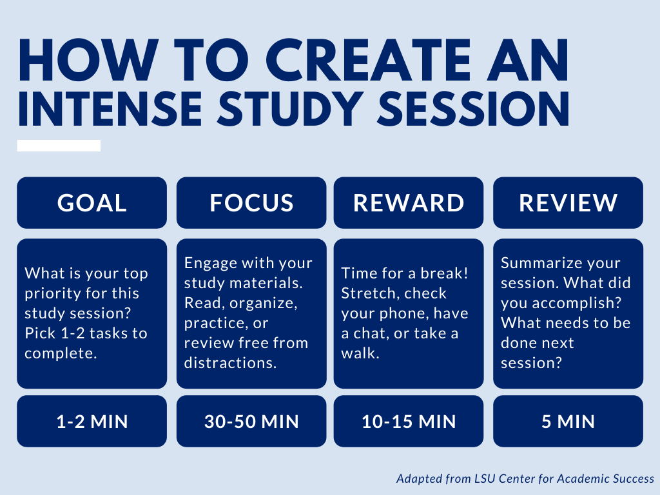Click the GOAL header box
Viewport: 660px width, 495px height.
[92, 203]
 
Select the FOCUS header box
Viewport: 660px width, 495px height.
[251, 203]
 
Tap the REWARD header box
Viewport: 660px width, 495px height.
[408, 203]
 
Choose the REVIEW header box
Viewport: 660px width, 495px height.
[568, 203]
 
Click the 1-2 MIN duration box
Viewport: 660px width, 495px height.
[92, 422]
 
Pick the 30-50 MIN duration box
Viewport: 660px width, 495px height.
[251, 422]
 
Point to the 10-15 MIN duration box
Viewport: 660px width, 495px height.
[408, 422]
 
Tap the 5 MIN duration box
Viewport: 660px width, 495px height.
[568, 422]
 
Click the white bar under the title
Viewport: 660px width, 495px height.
[59, 146]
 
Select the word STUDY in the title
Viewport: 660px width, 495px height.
[290, 108]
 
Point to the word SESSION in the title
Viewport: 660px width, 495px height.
[473, 108]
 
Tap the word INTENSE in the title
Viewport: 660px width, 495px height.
[110, 108]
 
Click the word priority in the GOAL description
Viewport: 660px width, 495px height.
[53, 293]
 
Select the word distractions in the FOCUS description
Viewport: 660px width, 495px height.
[230, 363]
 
